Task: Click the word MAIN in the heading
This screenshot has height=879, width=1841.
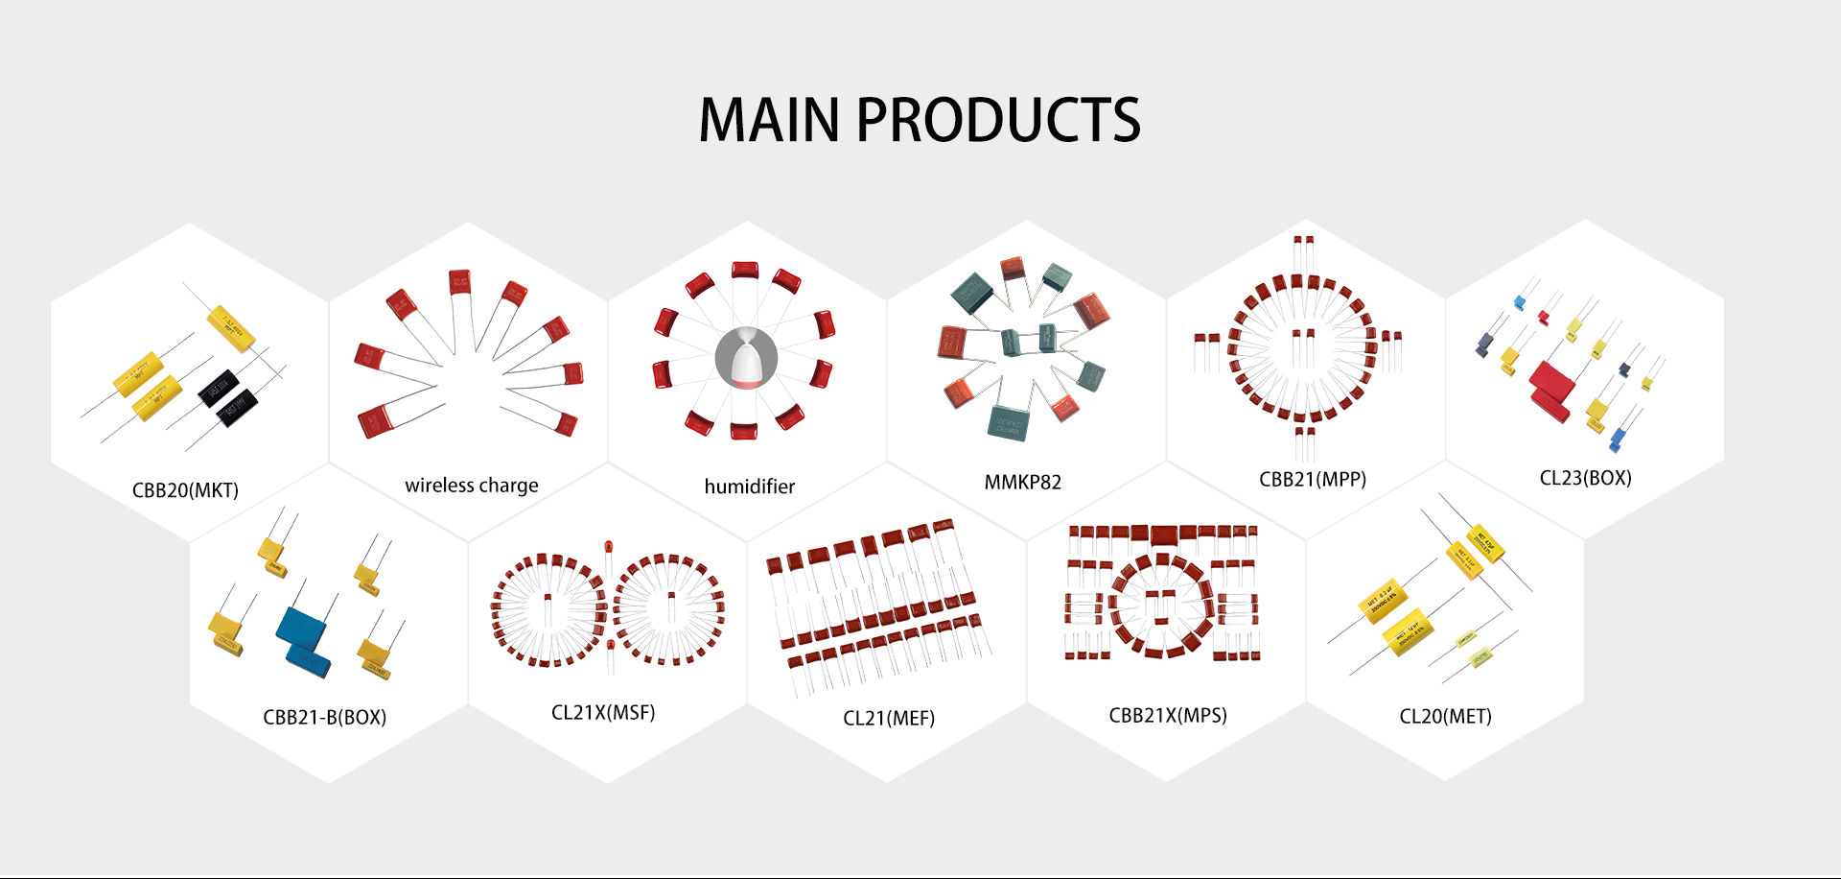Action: (x=768, y=120)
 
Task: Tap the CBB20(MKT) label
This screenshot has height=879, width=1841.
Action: (x=185, y=490)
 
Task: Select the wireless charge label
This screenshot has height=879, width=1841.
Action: (x=471, y=486)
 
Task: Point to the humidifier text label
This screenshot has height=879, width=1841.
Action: (x=749, y=487)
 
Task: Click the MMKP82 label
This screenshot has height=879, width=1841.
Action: (x=1022, y=482)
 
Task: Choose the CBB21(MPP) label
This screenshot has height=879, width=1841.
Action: (x=1312, y=479)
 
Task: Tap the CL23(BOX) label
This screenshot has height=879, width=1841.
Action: (x=1585, y=478)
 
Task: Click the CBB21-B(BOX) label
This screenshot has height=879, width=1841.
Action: (x=324, y=717)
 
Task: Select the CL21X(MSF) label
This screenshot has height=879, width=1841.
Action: (x=602, y=712)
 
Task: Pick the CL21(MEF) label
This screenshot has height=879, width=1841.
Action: (x=888, y=718)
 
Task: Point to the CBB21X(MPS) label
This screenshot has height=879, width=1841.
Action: (x=1167, y=715)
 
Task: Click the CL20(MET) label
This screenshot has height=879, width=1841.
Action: (x=1445, y=716)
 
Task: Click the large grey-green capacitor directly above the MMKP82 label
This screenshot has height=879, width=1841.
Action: (x=1008, y=422)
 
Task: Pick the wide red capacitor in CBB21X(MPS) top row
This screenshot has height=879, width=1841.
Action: (x=1164, y=534)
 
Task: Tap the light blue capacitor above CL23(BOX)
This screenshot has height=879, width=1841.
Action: (x=1519, y=303)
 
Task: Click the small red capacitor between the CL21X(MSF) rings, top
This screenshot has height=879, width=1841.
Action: (x=608, y=548)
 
